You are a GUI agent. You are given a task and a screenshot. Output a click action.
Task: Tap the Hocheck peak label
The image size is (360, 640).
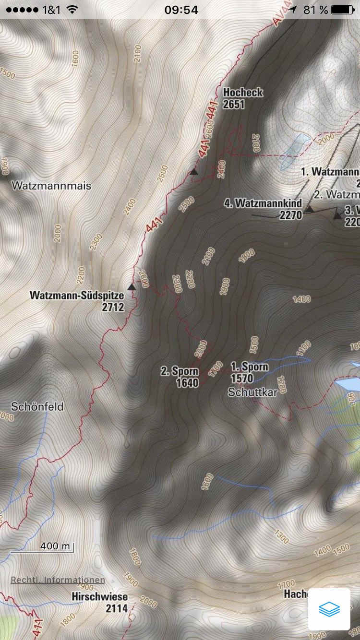[x=243, y=92]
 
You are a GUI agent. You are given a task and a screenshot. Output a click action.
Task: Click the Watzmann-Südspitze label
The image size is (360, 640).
[x=77, y=295]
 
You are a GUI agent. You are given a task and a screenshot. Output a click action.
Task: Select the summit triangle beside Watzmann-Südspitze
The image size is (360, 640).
[x=132, y=286]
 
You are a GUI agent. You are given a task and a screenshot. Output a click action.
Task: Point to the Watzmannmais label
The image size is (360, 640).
[x=51, y=186]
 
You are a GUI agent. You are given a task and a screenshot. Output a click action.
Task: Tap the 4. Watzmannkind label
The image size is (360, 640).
[x=263, y=203]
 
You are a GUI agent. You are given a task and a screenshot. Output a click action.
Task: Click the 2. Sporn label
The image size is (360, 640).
[x=180, y=371]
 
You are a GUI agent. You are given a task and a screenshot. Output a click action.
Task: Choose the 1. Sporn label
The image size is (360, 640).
[x=249, y=367]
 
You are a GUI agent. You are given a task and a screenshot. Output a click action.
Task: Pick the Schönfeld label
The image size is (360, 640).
[x=37, y=406]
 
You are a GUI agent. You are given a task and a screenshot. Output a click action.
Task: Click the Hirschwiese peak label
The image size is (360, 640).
[x=100, y=597]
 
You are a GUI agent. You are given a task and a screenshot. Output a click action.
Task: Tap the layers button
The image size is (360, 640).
[x=329, y=609]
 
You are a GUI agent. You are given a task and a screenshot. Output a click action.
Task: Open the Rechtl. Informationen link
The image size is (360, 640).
[x=58, y=580]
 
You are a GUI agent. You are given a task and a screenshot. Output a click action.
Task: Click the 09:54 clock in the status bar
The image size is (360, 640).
[x=181, y=10]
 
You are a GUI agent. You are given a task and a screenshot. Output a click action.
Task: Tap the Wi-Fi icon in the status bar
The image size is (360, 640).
[x=72, y=10]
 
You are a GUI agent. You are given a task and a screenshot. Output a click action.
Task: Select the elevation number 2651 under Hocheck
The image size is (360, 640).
[x=234, y=104]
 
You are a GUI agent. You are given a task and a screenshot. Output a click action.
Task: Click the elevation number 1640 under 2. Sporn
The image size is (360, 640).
[x=187, y=383]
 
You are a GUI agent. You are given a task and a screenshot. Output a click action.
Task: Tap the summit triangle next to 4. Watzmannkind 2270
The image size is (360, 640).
[x=310, y=209]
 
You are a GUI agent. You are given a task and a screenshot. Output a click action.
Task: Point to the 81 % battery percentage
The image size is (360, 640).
[x=315, y=10]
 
